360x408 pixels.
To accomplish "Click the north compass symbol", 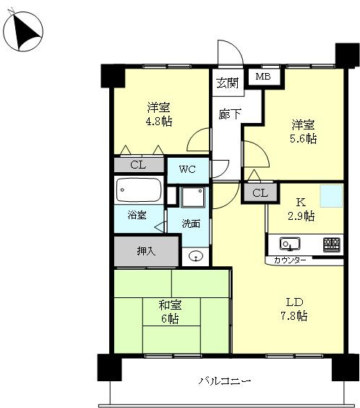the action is (x=23, y=31).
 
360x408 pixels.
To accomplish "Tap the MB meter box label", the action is (x=263, y=77).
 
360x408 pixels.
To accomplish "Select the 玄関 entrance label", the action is (x=228, y=83).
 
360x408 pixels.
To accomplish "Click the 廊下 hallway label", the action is (x=229, y=114).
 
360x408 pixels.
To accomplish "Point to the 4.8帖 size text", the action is (x=159, y=122).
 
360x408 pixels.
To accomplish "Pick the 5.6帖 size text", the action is (x=304, y=138).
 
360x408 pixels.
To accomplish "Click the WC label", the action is (x=187, y=169).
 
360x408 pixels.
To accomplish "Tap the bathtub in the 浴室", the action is (x=139, y=190).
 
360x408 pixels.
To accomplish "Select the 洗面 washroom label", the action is (x=191, y=224).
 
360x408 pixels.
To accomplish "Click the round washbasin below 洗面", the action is (x=195, y=256).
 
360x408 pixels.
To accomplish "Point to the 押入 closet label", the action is (x=146, y=251).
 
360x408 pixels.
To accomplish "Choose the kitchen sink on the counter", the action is (x=290, y=244).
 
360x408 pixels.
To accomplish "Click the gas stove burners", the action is (x=332, y=245).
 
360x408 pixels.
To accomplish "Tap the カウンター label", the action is (x=290, y=260).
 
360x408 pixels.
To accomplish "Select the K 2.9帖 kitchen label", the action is (x=301, y=209).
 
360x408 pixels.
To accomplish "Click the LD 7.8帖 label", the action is (x=294, y=309).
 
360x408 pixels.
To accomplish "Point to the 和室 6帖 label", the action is (x=170, y=312).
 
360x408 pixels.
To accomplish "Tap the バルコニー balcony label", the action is (x=225, y=381).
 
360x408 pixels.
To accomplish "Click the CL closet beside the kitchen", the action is (x=260, y=193).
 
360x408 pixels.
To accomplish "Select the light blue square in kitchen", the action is (x=331, y=196).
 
